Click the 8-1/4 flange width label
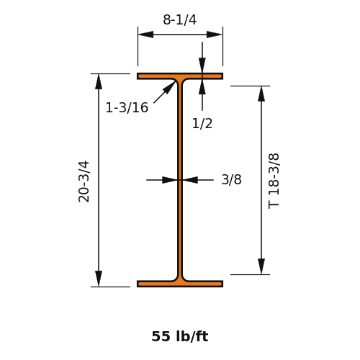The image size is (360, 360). click(180, 19)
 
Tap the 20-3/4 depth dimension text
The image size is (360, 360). click(84, 181)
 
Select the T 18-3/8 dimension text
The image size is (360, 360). click(274, 181)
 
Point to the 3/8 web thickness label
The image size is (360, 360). click(231, 179)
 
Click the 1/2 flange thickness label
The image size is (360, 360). click(202, 124)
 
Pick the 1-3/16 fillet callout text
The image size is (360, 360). click(127, 107)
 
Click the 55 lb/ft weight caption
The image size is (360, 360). click(180, 336)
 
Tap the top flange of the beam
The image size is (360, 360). click(180, 76)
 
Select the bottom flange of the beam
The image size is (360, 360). click(180, 284)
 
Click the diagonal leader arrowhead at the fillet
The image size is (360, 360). click(169, 87)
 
